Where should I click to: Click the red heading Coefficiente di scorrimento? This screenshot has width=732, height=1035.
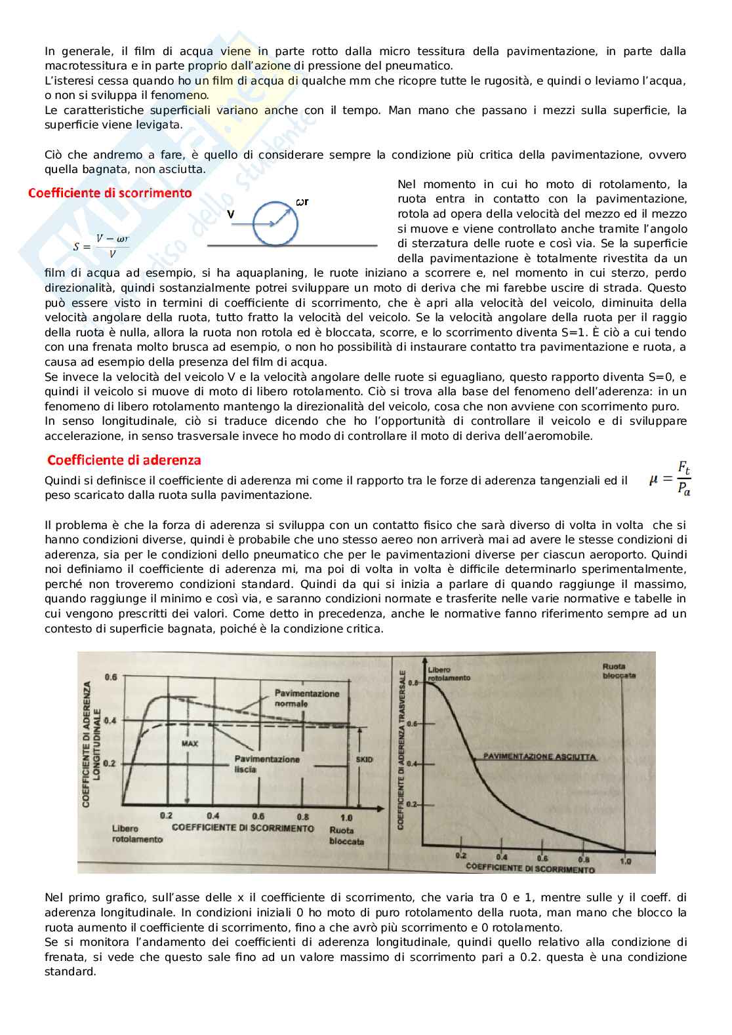pos(110,193)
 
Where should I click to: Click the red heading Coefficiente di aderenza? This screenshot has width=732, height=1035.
pos(124,460)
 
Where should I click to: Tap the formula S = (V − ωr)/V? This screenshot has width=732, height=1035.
pos(101,246)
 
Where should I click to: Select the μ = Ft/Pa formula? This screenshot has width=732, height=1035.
pos(670,478)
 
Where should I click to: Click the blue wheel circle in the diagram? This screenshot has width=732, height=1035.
pos(275,224)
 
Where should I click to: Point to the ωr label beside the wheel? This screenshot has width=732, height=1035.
pos(302,202)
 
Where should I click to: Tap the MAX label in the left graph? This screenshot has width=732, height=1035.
pos(190,744)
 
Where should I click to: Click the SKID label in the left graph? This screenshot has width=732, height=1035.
pos(364,759)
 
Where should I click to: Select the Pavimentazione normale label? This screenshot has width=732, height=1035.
pos(306,698)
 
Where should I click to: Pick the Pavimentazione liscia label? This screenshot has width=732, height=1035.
pos(266,764)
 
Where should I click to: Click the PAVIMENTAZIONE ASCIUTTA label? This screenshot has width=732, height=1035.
pos(539,756)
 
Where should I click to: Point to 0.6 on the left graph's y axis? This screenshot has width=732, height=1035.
pos(111,677)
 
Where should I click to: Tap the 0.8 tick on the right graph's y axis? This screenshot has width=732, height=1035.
pos(413,682)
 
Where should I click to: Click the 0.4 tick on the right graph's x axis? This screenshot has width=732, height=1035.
pos(502,857)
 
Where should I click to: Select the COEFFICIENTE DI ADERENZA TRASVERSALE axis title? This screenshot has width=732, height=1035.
pos(402,751)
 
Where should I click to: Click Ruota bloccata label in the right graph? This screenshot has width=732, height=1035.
pos(619,671)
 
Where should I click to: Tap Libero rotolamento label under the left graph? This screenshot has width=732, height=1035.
pos(137,834)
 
